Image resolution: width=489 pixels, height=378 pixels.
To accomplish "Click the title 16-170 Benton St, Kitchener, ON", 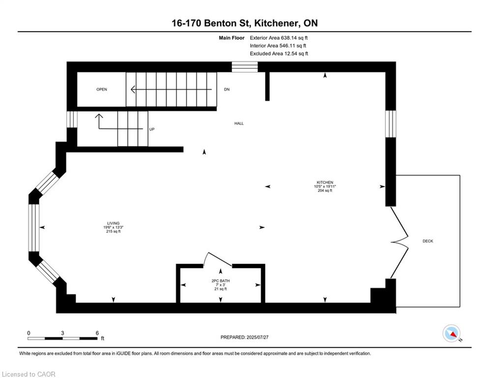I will point(244,23).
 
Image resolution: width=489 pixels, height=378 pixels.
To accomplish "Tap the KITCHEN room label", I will point(325,182).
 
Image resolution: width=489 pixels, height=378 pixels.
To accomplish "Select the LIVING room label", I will point(113,223).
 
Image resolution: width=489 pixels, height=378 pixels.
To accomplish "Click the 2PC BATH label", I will point(221,281).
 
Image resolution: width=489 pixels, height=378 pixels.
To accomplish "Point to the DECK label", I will point(428,241).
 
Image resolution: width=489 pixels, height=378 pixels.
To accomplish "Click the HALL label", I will point(239,124).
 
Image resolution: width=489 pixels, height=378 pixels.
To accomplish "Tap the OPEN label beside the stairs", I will point(102,90).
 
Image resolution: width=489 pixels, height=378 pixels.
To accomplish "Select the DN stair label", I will point(227,90).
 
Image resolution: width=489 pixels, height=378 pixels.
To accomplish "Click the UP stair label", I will point(152,129).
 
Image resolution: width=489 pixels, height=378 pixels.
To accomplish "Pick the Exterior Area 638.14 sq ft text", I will point(279,37).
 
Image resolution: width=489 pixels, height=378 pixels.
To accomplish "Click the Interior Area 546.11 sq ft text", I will point(279,45).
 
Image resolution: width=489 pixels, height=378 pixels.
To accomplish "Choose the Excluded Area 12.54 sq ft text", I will point(279,53).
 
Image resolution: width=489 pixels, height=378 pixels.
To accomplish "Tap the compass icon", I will point(451,334).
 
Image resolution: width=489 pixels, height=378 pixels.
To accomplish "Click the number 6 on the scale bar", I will point(97,332).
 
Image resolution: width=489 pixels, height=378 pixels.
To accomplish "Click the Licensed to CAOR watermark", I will point(29,374).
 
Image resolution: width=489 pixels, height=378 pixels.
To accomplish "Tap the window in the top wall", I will point(245,66).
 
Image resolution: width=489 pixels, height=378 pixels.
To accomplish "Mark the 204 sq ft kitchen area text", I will point(325,190).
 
